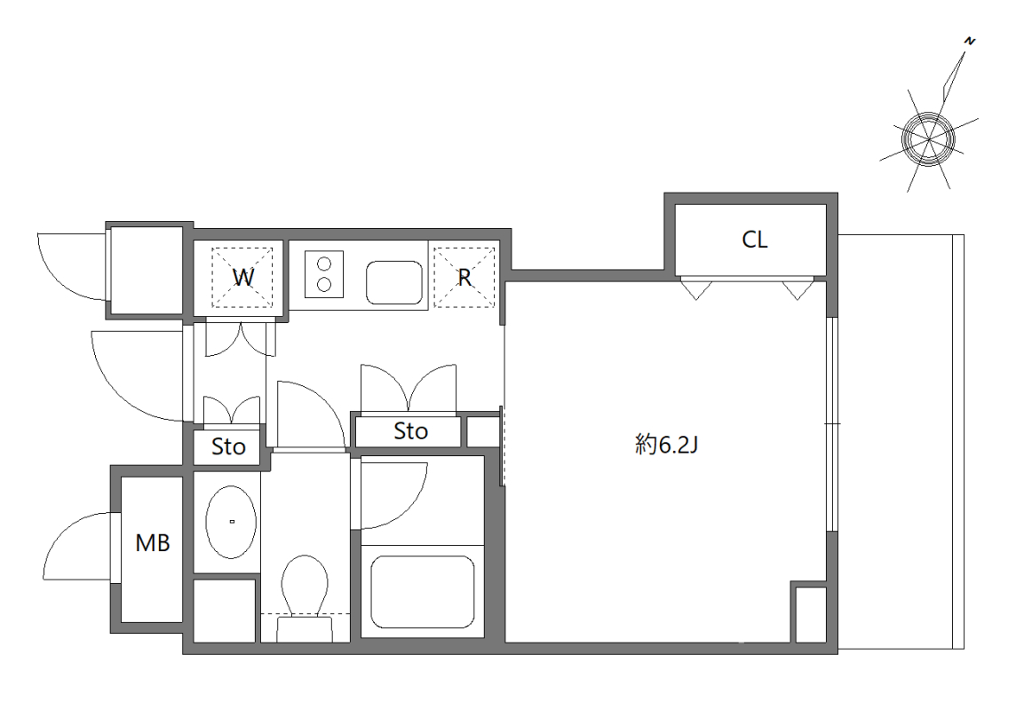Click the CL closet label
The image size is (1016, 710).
coord(755,240)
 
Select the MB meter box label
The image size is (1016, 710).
coord(152,543)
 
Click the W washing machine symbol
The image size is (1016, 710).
coord(242,276)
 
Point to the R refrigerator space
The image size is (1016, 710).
coord(463,276)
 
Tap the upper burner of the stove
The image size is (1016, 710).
coord(323,264)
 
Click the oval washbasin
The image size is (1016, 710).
coord(232,522)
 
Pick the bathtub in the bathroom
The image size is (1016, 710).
coord(422,591)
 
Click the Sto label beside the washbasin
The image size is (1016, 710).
coord(228,447)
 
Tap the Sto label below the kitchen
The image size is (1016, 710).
coord(410,431)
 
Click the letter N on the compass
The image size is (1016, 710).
coord(971,41)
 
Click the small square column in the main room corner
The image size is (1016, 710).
coord(809,612)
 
